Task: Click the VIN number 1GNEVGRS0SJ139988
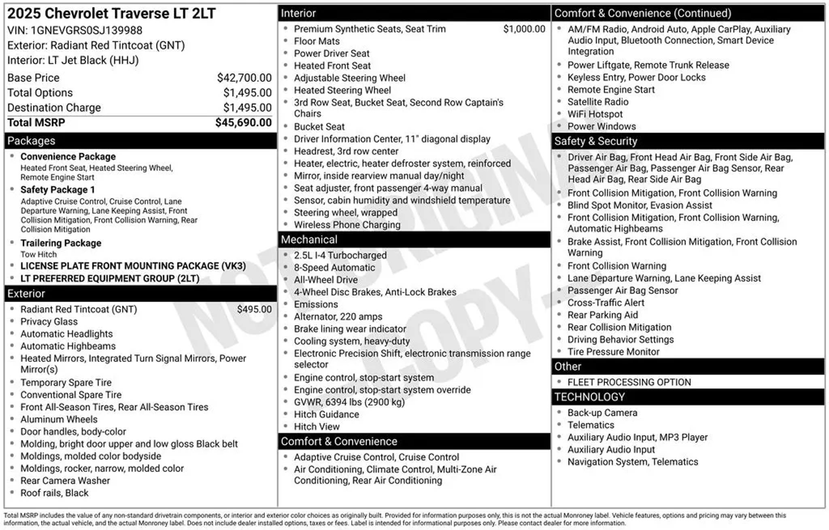pos(87,30)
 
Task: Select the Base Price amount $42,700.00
pos(244,78)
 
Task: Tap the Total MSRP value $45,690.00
pos(243,123)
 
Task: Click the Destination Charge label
pos(54,108)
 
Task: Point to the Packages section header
pos(31,141)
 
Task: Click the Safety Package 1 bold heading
pos(57,190)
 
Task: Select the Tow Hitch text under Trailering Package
pos(39,254)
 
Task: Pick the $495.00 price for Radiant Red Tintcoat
pos(254,310)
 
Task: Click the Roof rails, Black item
pos(54,493)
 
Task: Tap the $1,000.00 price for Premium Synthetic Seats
pos(524,29)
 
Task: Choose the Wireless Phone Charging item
pos(347,225)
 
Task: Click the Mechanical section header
pos(309,240)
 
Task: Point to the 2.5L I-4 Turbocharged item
pos(340,255)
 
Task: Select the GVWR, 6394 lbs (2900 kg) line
pos(349,402)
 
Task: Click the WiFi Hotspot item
pos(595,114)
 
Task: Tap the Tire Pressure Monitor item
pos(613,352)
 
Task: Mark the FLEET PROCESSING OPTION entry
pos(629,382)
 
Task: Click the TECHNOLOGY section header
pos(589,397)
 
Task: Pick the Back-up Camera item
pos(602,413)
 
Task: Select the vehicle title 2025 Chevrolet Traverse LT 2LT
pos(111,13)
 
